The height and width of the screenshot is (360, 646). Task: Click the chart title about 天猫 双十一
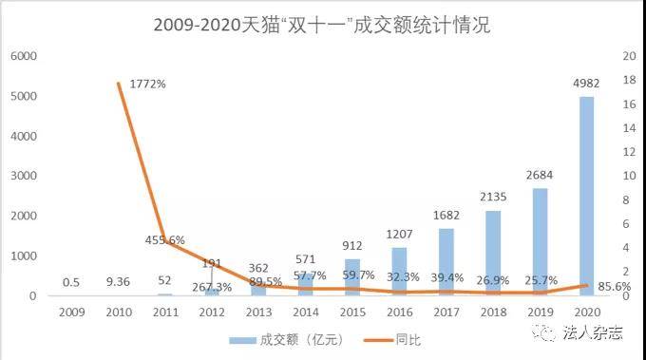322,25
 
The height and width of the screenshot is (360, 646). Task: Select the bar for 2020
587,196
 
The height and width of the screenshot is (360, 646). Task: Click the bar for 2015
351,277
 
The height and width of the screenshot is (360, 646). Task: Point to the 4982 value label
586,84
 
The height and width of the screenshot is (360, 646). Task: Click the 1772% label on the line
146,84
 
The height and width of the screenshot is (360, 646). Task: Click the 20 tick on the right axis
628,56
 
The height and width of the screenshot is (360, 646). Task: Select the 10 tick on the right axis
628,176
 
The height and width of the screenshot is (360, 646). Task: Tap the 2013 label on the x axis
258,311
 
